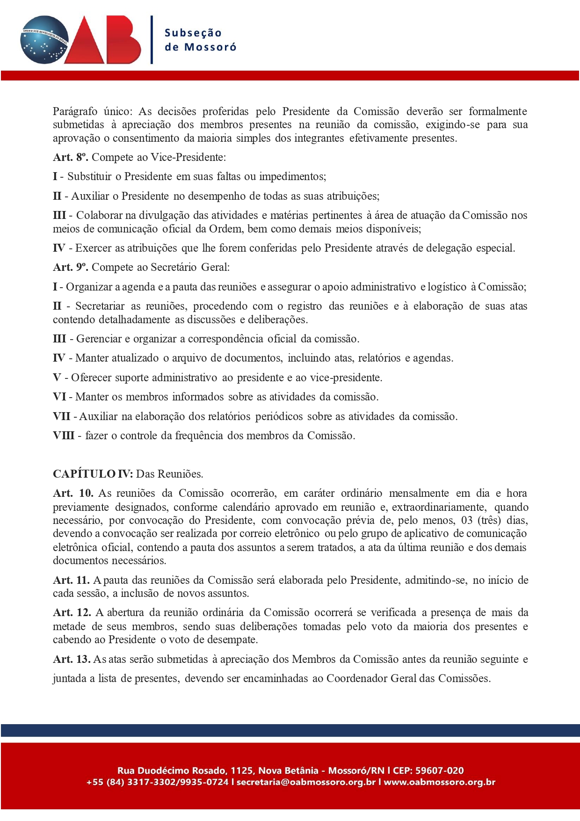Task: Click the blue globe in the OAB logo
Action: point(44,40)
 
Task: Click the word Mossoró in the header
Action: point(210,47)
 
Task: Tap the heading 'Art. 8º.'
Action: point(70,157)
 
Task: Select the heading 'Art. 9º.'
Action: point(70,267)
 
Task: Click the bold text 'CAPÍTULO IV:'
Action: point(93,474)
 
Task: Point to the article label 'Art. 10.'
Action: point(73,493)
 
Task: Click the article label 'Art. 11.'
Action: point(71,580)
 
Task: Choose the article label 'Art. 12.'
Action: point(72,612)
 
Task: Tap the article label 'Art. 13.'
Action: point(72,659)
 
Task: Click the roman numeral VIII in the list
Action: point(64,436)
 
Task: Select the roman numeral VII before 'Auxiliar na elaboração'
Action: point(62,416)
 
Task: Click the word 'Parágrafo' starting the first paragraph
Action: point(75,112)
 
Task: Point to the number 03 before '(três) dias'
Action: point(467,520)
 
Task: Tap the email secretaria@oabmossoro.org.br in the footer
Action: point(306,782)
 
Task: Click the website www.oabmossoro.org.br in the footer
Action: point(439,782)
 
